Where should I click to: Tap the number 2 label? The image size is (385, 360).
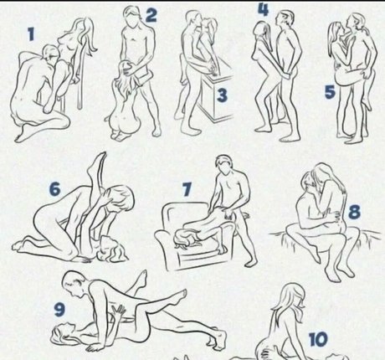point(151,14)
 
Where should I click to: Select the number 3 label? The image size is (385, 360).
point(221,95)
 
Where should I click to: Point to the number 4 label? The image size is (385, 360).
point(263,11)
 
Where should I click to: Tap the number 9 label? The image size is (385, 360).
point(59,308)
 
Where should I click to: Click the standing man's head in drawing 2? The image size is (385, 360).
point(131,16)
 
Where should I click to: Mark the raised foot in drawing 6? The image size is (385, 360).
point(102,157)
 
